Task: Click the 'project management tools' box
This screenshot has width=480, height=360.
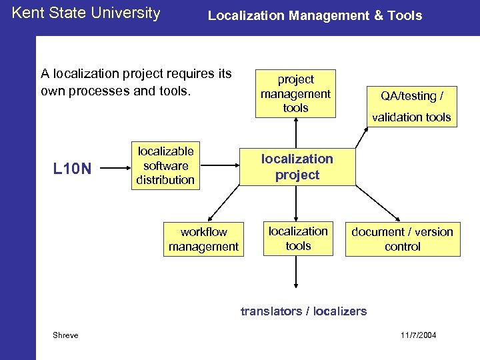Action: pyautogui.click(x=295, y=93)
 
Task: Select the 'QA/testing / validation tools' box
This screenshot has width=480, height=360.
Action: pyautogui.click(x=411, y=107)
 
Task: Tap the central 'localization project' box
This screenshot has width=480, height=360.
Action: pyautogui.click(x=297, y=167)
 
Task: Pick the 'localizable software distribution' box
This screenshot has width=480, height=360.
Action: pyautogui.click(x=165, y=165)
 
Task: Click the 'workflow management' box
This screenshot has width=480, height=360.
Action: pyautogui.click(x=203, y=239)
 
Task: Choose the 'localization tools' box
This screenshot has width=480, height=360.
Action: pyautogui.click(x=298, y=238)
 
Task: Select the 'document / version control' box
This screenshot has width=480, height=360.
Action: pyautogui.click(x=402, y=239)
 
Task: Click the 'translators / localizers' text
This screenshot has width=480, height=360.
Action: pyautogui.click(x=303, y=311)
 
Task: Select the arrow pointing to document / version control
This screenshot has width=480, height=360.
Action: pyautogui.click(x=373, y=203)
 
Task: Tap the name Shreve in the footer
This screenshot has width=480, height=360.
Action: pyautogui.click(x=65, y=335)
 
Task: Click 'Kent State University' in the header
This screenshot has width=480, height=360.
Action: pyautogui.click(x=86, y=13)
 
